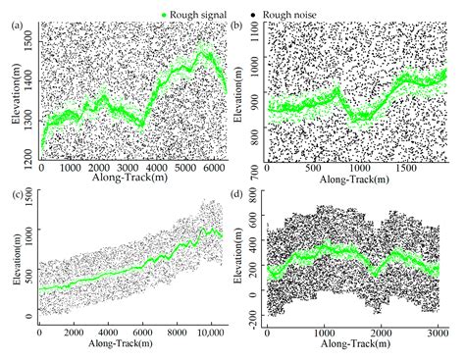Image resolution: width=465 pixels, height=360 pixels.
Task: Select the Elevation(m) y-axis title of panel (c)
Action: pos(12,261)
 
